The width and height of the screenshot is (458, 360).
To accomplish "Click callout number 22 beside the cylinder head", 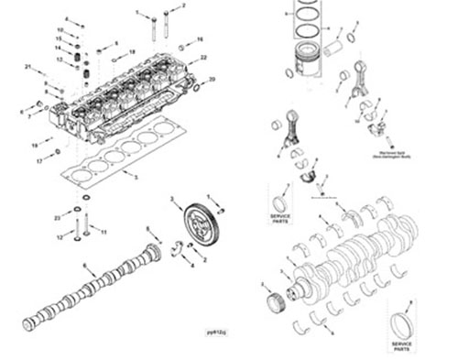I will pyautogui.click(x=203, y=59).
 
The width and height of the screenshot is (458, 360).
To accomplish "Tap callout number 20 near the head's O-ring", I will pyautogui.click(x=213, y=80).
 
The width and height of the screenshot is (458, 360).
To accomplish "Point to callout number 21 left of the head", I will pyautogui.click(x=27, y=68).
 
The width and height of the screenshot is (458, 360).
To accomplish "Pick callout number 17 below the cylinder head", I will pyautogui.click(x=38, y=159).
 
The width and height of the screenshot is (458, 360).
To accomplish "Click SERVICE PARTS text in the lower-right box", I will pyautogui.click(x=401, y=347).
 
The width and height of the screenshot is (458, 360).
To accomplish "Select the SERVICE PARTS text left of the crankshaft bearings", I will pyautogui.click(x=279, y=218).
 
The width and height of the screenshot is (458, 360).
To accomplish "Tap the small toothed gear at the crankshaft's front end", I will pyautogui.click(x=271, y=300).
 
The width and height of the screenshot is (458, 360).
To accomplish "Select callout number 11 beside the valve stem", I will pyautogui.click(x=103, y=232).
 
